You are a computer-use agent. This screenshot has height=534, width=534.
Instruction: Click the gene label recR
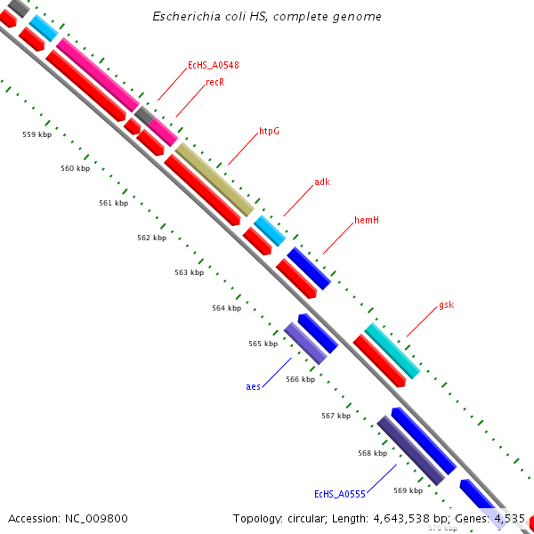(214, 82)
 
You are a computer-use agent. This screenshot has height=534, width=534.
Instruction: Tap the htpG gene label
(269, 131)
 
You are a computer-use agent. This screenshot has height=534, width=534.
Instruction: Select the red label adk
(322, 182)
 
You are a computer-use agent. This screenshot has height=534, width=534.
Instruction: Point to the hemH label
(367, 220)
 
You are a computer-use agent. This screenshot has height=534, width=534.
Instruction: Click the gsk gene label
(446, 304)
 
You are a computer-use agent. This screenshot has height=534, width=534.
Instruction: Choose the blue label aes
(254, 386)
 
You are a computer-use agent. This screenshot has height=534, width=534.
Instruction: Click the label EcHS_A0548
(213, 65)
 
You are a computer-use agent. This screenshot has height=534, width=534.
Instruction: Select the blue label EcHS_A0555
(336, 493)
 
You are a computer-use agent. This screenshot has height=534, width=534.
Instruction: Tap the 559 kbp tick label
(36, 134)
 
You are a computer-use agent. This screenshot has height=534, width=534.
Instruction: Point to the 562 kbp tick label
(151, 238)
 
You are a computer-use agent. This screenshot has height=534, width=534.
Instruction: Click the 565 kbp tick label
(263, 344)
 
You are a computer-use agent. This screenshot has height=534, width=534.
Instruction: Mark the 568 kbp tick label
(372, 453)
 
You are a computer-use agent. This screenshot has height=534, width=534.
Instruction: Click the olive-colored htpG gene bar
(214, 179)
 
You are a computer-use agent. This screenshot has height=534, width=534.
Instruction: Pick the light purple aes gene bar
(305, 343)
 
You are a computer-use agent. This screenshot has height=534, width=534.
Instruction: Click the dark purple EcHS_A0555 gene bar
(410, 450)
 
